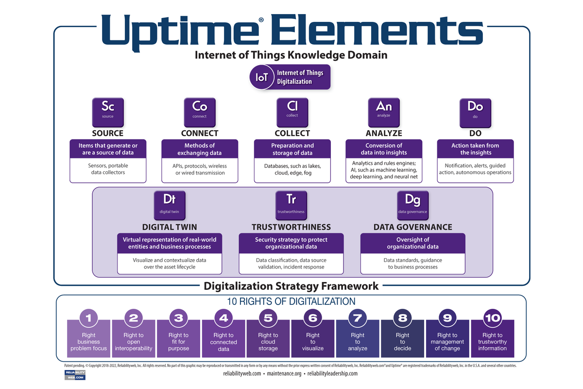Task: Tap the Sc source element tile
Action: point(108,111)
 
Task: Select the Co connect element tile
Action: point(200,111)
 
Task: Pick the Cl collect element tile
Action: point(292,111)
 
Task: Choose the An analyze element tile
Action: point(384,111)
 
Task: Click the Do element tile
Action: point(475,111)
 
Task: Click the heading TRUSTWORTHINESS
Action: point(291,227)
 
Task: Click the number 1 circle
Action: point(89,318)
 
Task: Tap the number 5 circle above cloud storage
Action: point(268,318)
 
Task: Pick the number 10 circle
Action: point(492,318)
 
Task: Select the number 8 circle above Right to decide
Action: point(402,318)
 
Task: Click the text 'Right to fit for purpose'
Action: point(178,342)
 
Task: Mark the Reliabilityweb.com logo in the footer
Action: point(75,374)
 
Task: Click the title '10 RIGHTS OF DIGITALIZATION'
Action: point(291,301)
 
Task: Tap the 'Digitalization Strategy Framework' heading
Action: point(291,286)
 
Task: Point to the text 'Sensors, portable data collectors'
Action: point(108,169)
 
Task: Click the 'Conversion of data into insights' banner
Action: point(384,149)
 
